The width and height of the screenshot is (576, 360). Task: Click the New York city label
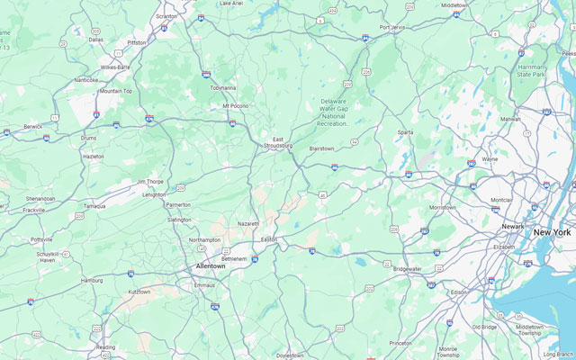pyautogui.click(x=552, y=232)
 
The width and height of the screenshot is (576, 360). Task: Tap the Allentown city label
pyautogui.click(x=211, y=266)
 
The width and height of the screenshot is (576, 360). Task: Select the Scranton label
pyautogui.click(x=166, y=16)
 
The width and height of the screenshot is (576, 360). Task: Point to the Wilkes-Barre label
pyautogui.click(x=115, y=67)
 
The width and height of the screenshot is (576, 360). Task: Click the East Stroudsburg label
pyautogui.click(x=277, y=141)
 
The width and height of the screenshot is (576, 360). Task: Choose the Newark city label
pyautogui.click(x=513, y=226)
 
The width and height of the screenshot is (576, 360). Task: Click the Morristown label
pyautogui.click(x=442, y=207)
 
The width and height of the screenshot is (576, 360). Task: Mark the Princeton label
pyautogui.click(x=400, y=343)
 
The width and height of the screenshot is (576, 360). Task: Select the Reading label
pyautogui.click(x=105, y=346)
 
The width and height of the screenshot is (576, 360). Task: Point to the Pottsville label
pyautogui.click(x=42, y=240)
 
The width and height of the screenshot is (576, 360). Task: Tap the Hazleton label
pyautogui.click(x=93, y=156)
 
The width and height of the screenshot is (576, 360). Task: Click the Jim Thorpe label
pyautogui.click(x=150, y=181)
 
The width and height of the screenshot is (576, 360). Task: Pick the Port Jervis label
pyautogui.click(x=392, y=27)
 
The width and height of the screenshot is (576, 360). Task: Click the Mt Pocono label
pyautogui.click(x=236, y=106)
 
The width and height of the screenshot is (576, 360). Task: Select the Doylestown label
pyautogui.click(x=290, y=355)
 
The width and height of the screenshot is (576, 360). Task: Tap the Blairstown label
pyautogui.click(x=321, y=148)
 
